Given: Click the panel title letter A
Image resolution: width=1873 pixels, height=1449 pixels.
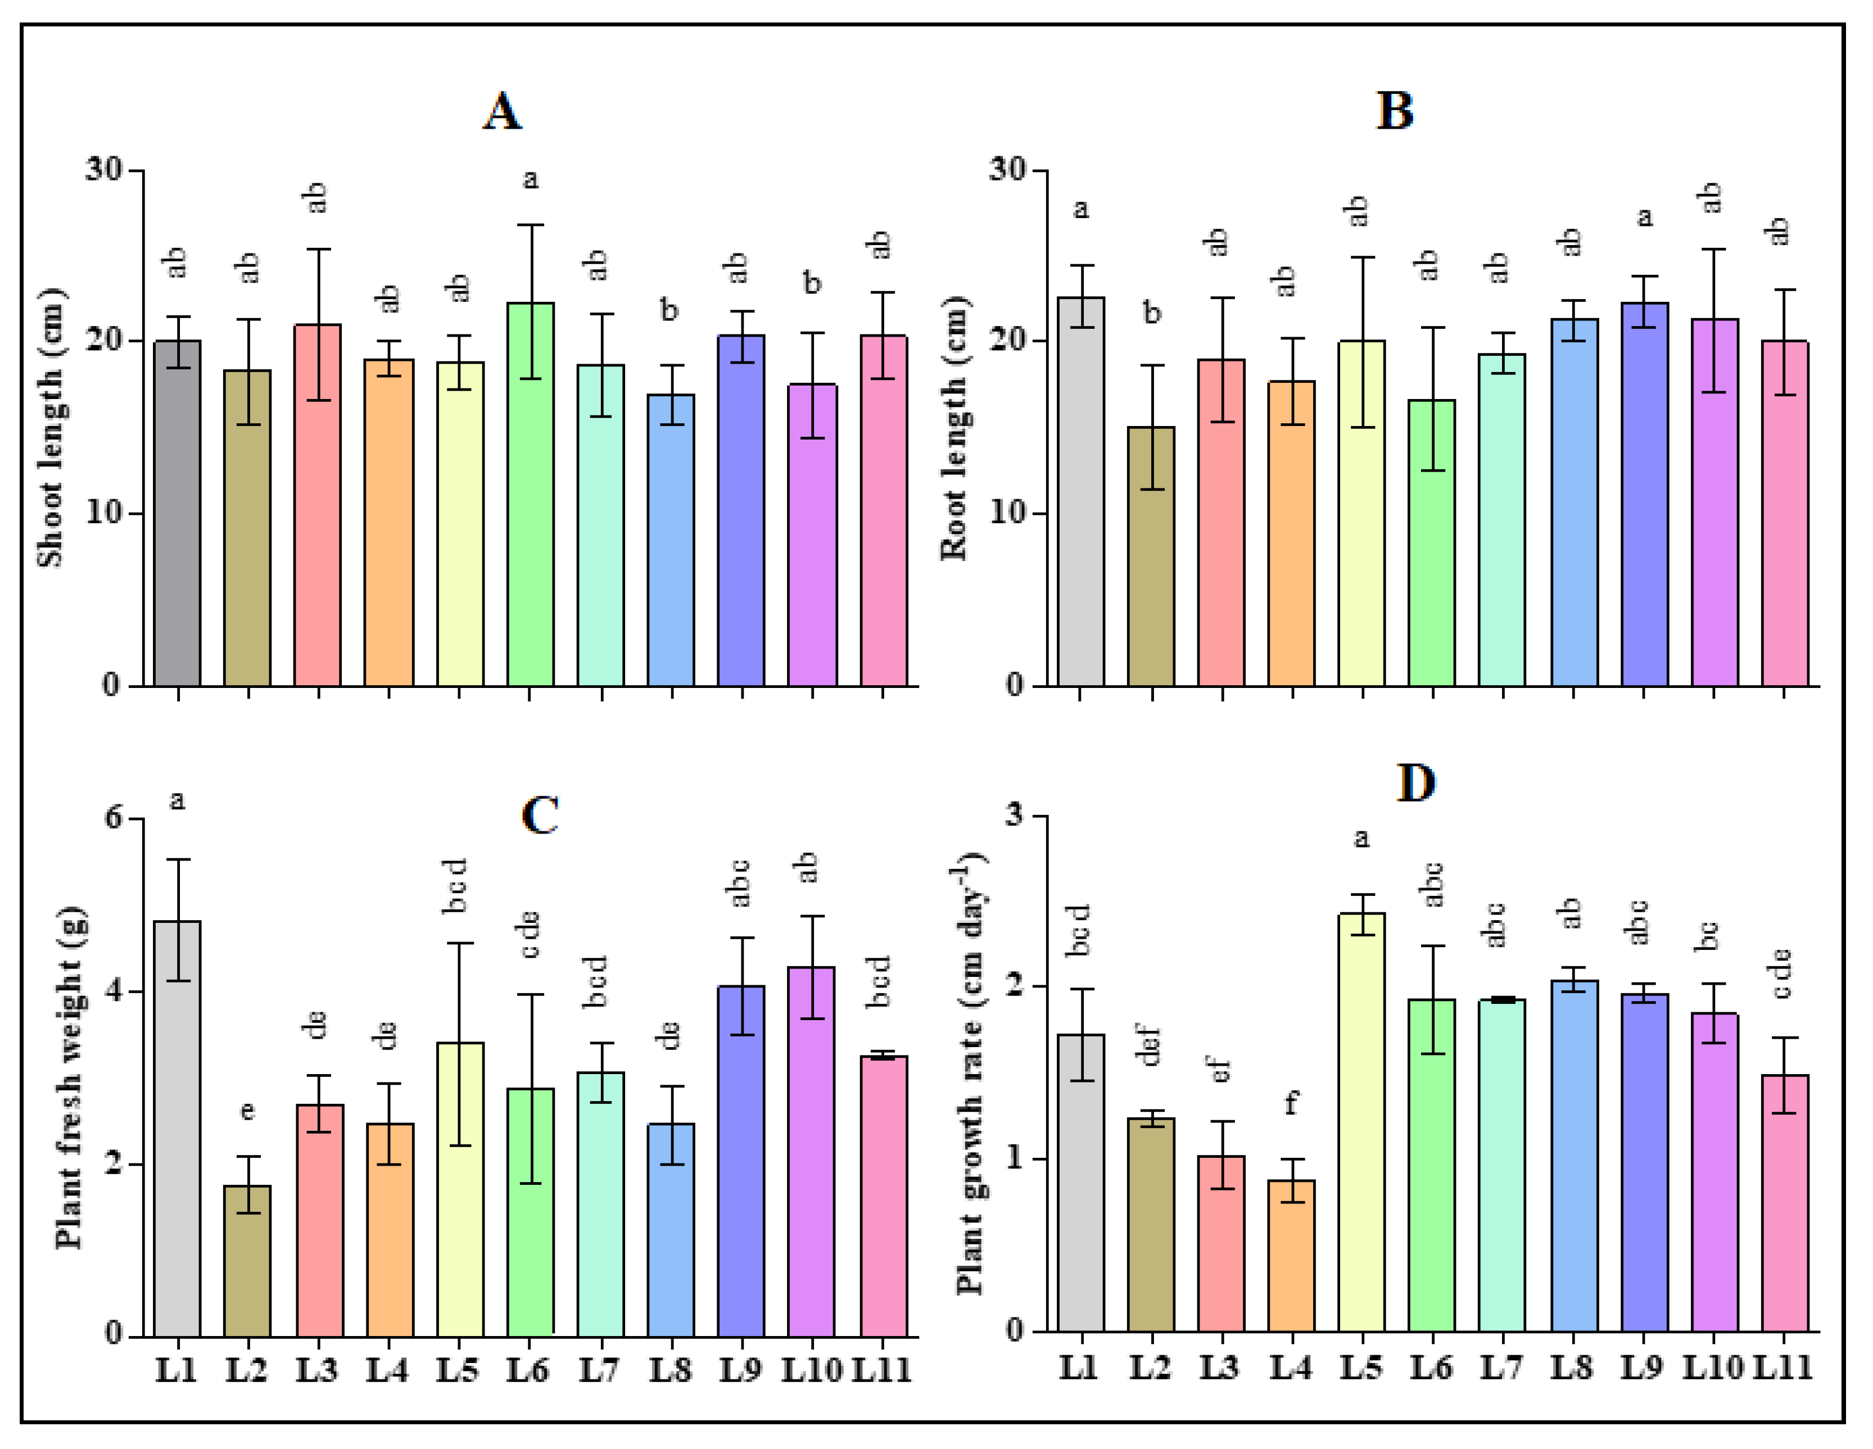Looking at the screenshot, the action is (501, 111).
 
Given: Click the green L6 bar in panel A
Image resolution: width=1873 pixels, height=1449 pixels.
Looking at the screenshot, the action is (530, 494).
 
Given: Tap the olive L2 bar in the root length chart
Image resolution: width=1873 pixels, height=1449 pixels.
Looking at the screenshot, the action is (1151, 556).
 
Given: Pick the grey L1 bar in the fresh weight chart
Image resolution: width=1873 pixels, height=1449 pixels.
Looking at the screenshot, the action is (178, 1128).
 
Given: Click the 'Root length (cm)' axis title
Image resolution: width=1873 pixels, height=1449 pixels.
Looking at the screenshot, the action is (954, 428).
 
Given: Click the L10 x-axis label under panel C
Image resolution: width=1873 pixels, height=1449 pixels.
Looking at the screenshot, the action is (811, 1370).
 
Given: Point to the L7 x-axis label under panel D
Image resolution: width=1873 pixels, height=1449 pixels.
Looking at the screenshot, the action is (1501, 1367).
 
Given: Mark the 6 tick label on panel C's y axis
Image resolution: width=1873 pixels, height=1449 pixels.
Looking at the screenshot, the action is (113, 817).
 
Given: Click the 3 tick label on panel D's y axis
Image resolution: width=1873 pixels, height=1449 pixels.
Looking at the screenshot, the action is (1015, 814).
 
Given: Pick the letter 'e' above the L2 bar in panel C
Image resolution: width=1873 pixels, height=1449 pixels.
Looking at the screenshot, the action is (247, 1111).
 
